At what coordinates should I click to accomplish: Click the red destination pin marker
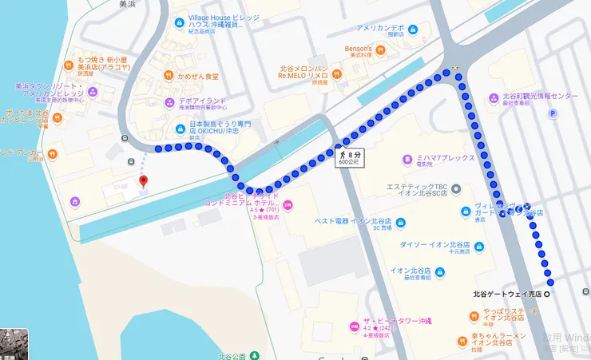[x=144, y=181]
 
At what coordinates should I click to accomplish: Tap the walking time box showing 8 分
[x=349, y=156]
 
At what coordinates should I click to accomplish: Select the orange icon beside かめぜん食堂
[x=169, y=76]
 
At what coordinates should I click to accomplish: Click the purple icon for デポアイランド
[x=169, y=102]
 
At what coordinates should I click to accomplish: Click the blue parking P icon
[x=552, y=113]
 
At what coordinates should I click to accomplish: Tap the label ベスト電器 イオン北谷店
[x=352, y=220]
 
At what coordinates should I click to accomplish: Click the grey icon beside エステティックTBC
[x=455, y=188]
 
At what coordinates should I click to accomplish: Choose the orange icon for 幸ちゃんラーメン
[x=462, y=341]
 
